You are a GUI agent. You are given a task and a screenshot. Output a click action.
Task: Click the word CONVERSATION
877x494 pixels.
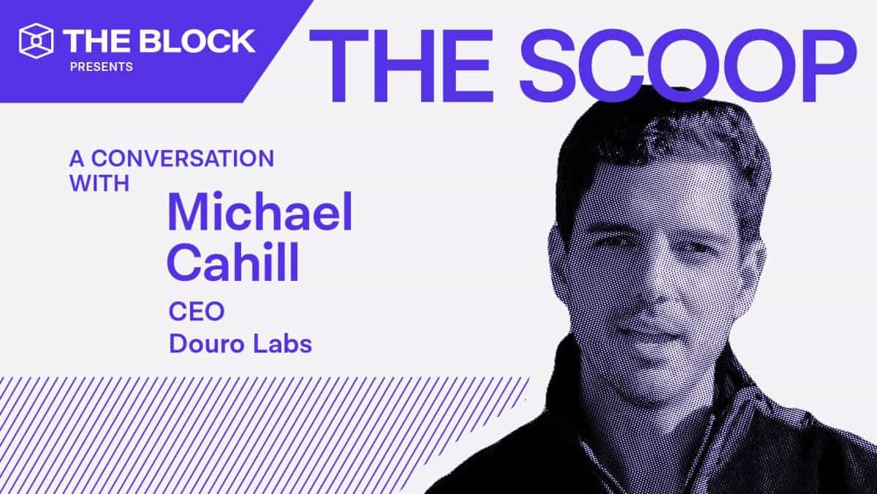pos(183,158)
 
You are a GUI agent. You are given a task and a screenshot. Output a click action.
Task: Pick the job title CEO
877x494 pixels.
pos(196,312)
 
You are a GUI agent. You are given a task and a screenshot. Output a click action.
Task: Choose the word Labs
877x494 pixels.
pos(281,343)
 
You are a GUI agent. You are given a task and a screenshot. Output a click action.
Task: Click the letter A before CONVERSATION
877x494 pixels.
pos(75,158)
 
